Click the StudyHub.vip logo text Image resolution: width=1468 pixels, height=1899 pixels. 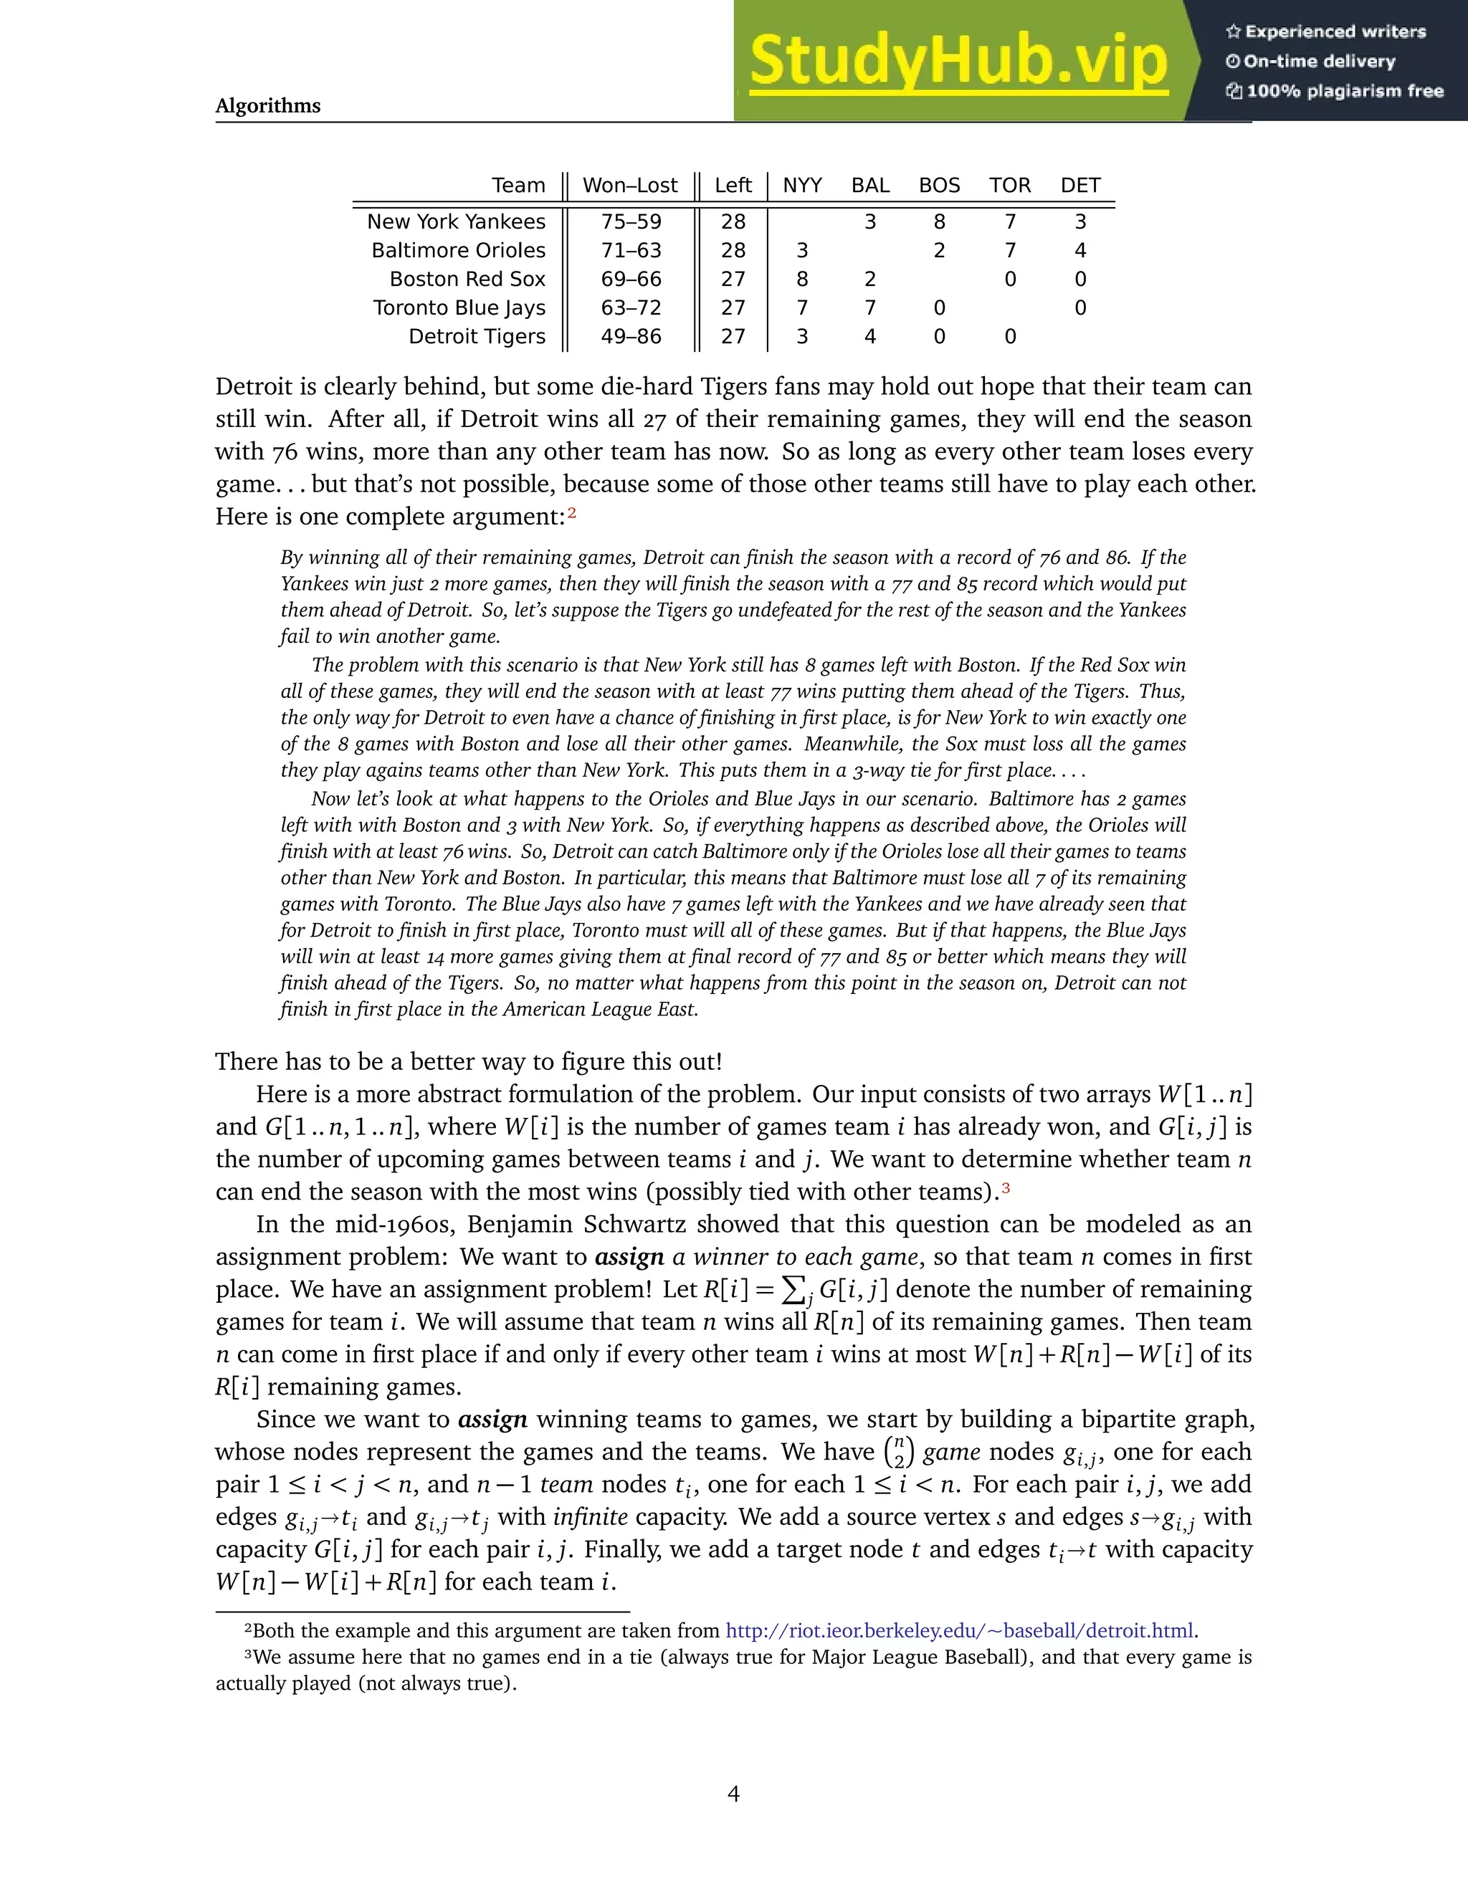tap(958, 61)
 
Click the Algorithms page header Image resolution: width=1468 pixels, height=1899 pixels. tap(268, 106)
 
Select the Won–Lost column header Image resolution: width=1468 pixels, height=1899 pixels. tap(629, 185)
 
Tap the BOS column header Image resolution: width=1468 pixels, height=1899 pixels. tap(939, 185)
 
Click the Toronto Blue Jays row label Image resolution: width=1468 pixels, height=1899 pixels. tap(459, 308)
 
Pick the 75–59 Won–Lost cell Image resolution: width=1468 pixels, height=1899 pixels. tap(631, 221)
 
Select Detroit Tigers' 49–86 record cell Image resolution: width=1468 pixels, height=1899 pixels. tap(631, 337)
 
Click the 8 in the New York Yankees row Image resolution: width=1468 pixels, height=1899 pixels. tap(939, 221)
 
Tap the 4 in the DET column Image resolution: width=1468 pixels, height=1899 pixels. tap(1080, 250)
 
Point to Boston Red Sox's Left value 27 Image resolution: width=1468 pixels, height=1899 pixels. tap(733, 279)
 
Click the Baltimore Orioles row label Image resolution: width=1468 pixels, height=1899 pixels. tap(458, 250)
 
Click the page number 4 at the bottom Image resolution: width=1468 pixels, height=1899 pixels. tap(733, 1794)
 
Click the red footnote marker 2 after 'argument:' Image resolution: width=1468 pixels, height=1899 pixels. tap(571, 513)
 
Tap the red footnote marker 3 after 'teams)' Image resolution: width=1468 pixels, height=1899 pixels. tap(1006, 1187)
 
